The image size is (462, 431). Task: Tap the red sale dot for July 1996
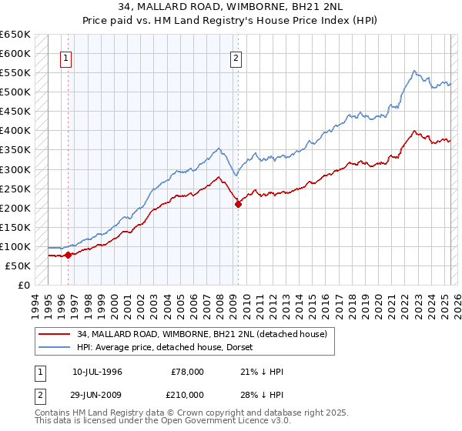point(68,255)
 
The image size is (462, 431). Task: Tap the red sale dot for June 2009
point(238,204)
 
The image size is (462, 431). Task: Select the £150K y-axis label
point(15,227)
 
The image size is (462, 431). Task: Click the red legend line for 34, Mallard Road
point(55,334)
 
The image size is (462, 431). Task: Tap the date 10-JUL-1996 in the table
point(97,372)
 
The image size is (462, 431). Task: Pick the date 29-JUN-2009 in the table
point(97,394)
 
